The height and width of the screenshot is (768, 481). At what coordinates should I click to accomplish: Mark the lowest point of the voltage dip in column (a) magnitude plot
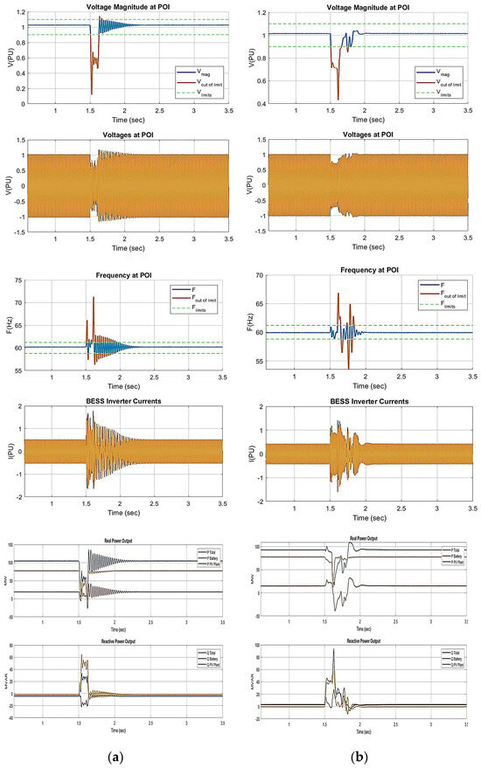tap(92, 93)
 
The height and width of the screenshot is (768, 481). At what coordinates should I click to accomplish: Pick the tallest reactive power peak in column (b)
tap(333, 650)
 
